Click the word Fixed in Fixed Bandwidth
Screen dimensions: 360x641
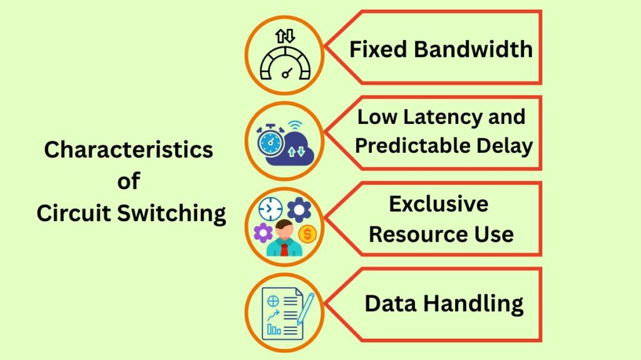[374, 49]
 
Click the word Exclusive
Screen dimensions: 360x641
[438, 204]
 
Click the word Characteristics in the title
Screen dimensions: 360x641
[128, 150]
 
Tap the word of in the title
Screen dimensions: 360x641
[128, 182]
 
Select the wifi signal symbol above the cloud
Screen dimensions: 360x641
[295, 125]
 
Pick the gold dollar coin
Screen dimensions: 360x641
[307, 234]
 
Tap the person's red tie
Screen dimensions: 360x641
[284, 250]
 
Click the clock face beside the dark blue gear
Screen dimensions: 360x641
[270, 208]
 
